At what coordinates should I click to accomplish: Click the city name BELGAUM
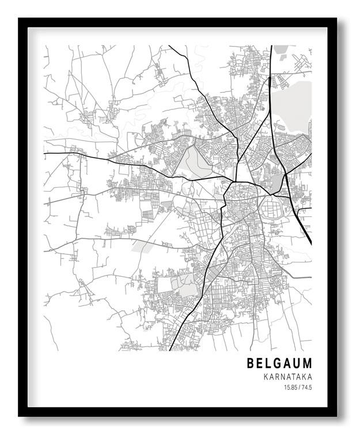(x=279, y=364)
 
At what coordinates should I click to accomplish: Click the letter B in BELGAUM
(x=251, y=364)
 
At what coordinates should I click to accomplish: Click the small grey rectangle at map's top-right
(x=281, y=49)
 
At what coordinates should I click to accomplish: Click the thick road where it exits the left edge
(x=46, y=153)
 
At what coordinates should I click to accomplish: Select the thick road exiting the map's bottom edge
(x=170, y=349)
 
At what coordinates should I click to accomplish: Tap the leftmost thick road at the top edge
(x=169, y=46)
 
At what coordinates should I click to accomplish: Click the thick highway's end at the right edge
(x=310, y=242)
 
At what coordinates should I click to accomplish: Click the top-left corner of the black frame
(x=20, y=19)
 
